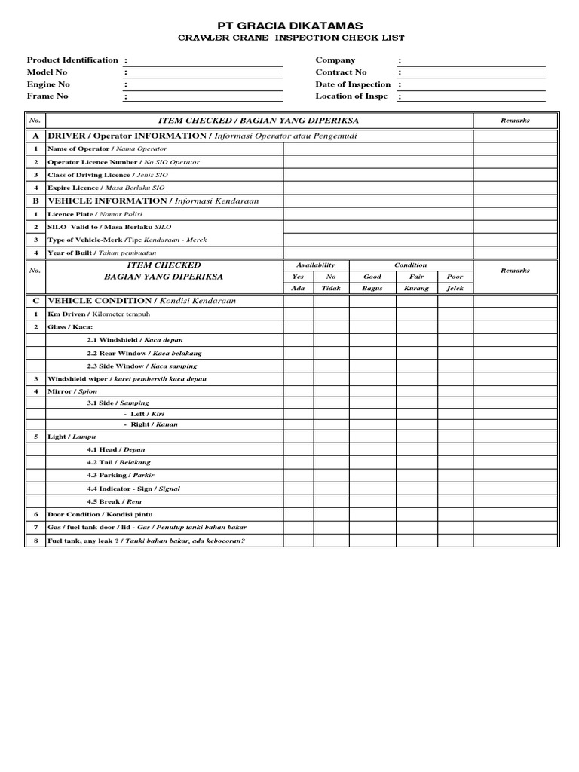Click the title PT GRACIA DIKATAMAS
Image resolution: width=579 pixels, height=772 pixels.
(289, 26)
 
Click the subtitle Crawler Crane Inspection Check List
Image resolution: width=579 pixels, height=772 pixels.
(289, 38)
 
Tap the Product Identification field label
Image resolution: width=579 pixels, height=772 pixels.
(72, 60)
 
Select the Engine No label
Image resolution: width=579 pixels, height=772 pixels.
(48, 84)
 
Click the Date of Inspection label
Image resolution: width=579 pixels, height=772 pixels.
(353, 84)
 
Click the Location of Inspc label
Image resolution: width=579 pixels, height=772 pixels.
(351, 96)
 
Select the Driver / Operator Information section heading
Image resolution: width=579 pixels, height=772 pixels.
(202, 136)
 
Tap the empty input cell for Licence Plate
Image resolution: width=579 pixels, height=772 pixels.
(378, 214)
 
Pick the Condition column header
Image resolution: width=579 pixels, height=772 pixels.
(411, 265)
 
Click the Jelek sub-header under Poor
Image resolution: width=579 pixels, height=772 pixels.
(455, 289)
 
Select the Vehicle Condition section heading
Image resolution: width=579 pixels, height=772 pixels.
(142, 301)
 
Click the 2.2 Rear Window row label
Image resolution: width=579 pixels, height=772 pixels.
(144, 353)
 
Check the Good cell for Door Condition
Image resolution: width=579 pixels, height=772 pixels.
(372, 514)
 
